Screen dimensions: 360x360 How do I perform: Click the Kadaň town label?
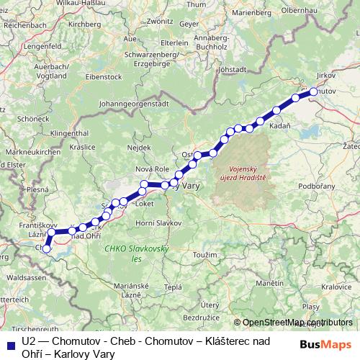[x=279, y=125]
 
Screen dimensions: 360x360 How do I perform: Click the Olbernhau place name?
[x=325, y=10]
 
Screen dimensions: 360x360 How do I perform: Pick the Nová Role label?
[x=151, y=169]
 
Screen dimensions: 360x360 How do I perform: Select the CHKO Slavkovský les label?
[x=136, y=253]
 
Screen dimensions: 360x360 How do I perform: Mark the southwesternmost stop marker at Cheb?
[x=47, y=250]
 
